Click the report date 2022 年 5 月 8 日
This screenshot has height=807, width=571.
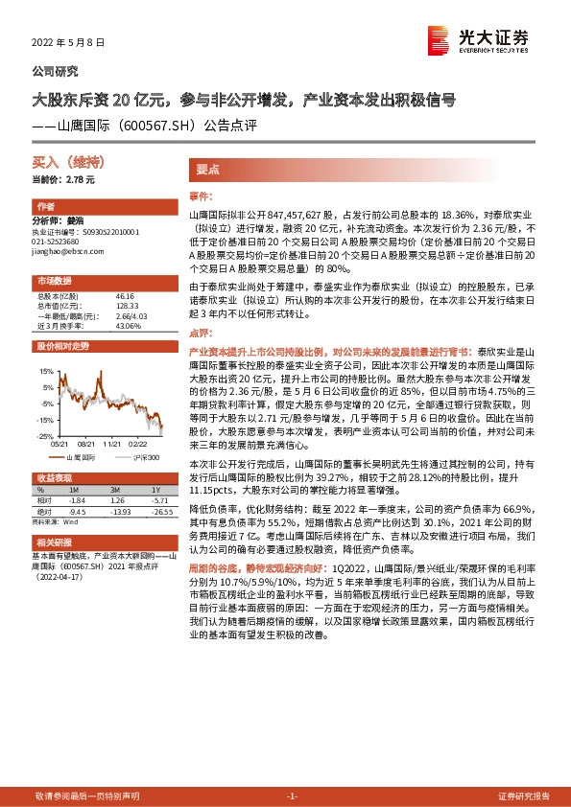pos(69,44)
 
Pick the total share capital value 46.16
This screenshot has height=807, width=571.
pos(125,297)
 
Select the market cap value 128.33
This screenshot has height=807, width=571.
pos(127,306)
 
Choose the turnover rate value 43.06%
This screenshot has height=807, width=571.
pos(128,325)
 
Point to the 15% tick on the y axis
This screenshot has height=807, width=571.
pos(46,370)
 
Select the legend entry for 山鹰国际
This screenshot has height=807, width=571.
pos(84,458)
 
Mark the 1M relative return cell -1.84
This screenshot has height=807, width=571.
pos(78,500)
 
